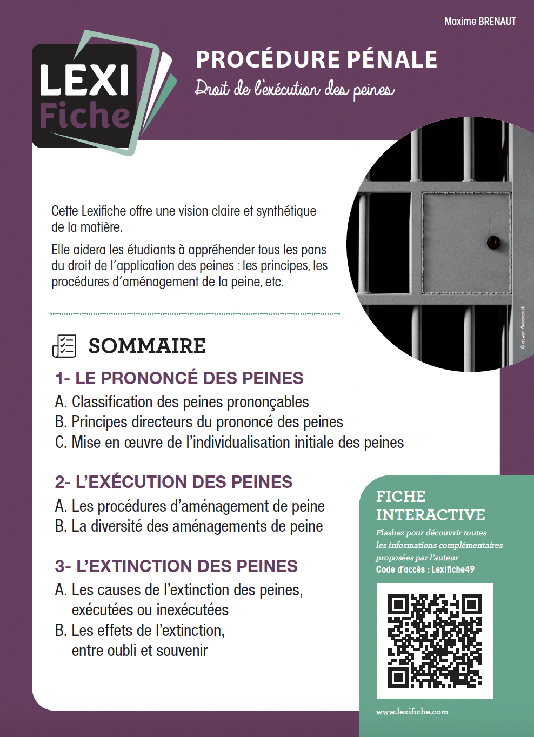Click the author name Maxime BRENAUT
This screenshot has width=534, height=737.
point(479,22)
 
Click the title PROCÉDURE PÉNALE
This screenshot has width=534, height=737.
point(316,59)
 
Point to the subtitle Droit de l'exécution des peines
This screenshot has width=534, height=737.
point(295,89)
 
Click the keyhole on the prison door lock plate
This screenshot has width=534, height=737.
point(493,243)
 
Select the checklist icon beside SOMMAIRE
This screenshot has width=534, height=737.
point(64,346)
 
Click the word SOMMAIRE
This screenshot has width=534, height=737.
point(147,346)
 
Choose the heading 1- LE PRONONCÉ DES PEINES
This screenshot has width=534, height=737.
point(179,378)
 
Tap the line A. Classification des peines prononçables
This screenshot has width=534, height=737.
point(182,402)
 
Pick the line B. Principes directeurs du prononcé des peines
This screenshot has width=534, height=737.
point(199,422)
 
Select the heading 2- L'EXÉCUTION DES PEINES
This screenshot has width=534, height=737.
point(173,482)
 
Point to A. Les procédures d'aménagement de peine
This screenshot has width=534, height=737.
point(190,506)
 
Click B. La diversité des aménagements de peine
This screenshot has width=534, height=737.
point(189,526)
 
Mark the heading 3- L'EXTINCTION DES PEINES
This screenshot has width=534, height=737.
point(176,566)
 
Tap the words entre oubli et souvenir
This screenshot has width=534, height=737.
point(139,651)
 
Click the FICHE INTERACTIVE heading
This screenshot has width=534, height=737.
point(430,506)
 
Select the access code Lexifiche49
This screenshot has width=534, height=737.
point(453,569)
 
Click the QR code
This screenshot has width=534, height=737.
point(435,641)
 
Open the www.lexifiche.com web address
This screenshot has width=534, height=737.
point(412,712)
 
